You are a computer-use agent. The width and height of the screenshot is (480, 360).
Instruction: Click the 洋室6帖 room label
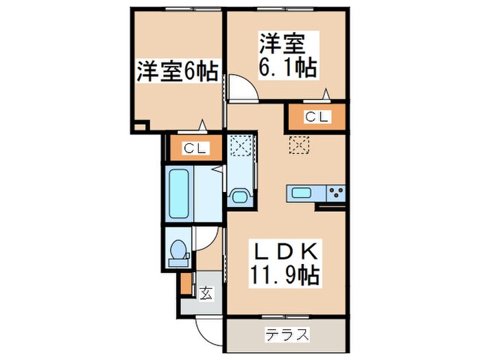pos(178,71)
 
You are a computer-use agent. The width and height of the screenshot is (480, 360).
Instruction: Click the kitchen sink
pos(303,193)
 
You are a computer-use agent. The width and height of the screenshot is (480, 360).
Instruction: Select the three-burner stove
pos(335,193)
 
